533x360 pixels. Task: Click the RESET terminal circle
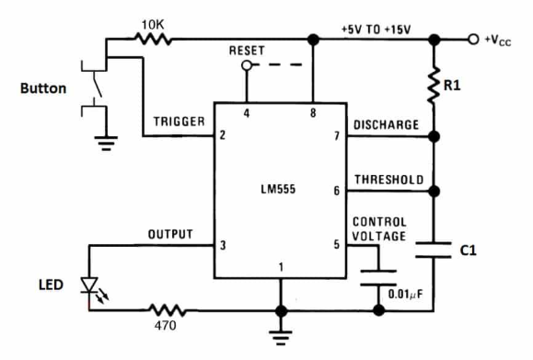click(246, 66)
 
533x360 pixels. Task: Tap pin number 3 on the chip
click(224, 245)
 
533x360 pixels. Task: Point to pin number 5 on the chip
click(338, 245)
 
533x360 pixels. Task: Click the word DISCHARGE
click(386, 124)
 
